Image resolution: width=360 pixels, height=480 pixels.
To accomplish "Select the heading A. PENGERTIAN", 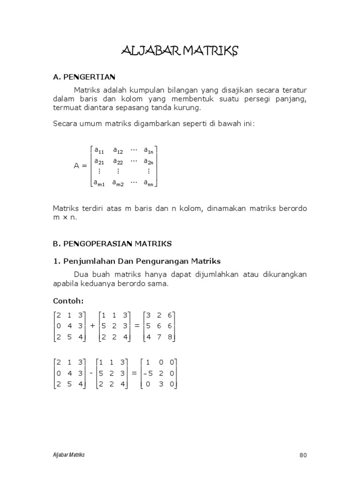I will point(84,76).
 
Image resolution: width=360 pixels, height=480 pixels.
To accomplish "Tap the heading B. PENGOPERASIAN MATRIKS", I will point(112,244).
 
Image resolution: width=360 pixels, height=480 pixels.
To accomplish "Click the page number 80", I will point(302,455).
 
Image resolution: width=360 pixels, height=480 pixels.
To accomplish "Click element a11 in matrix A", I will point(99,150).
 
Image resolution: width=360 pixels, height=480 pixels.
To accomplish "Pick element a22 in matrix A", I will point(117,161).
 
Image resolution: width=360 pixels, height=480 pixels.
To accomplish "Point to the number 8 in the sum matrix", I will point(170,337).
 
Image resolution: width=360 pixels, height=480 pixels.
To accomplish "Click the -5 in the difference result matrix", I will point(149,373).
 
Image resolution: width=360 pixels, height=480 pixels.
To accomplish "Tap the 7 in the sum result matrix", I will point(159,337).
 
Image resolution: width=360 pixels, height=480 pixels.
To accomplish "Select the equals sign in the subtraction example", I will point(134,373).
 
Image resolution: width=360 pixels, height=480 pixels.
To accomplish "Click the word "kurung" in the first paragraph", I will point(187,108).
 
